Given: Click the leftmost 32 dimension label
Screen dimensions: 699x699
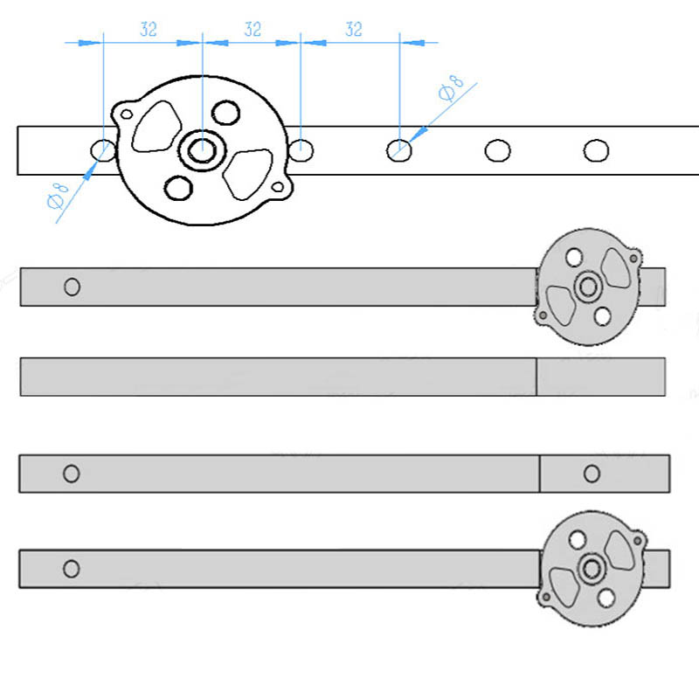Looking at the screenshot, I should (149, 29).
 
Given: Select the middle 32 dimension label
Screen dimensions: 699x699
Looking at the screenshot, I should (253, 29).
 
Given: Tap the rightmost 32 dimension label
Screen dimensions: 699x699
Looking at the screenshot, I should (353, 29).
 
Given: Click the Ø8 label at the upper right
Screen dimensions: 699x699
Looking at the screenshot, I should (451, 89).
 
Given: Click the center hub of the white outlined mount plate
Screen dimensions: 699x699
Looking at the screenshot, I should (202, 149).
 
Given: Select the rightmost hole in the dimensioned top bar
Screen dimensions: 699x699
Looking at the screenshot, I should (596, 150).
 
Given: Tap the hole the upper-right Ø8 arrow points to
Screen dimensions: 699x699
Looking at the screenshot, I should (398, 150).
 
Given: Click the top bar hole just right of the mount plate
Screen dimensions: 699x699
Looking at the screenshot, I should (301, 149).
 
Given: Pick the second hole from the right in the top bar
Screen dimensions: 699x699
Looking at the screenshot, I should (497, 150).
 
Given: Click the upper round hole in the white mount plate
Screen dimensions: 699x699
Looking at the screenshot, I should (226, 113).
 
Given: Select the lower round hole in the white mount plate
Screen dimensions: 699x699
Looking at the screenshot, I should (178, 187).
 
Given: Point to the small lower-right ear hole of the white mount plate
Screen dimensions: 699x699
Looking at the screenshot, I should (279, 186).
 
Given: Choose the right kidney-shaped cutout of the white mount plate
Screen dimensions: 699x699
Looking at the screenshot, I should (248, 172).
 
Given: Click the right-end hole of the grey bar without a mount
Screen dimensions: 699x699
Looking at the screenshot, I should (592, 474).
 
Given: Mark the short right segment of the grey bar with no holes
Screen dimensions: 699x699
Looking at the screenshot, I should (600, 377).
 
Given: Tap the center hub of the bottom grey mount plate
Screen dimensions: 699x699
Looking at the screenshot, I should (592, 569).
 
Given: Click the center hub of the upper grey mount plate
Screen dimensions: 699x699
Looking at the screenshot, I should (587, 285).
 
